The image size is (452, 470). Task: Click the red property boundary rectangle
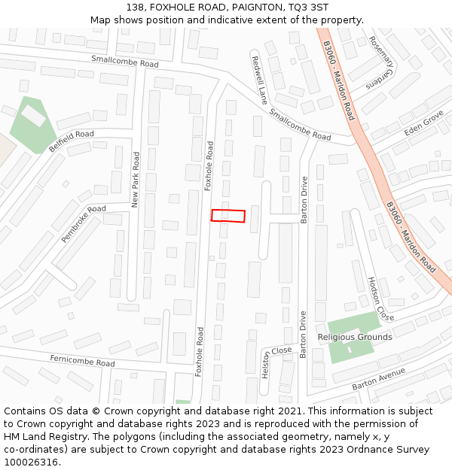(228, 216)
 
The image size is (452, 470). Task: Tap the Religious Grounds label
(354, 337)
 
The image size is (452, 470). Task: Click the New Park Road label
(136, 180)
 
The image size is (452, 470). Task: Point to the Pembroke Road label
(84, 223)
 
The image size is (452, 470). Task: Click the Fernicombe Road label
(82, 362)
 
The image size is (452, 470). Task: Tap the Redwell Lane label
(259, 80)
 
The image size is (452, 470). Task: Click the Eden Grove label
(423, 123)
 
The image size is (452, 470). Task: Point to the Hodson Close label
(380, 298)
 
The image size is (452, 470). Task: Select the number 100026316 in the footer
(31, 462)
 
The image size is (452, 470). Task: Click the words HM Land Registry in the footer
(42, 437)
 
